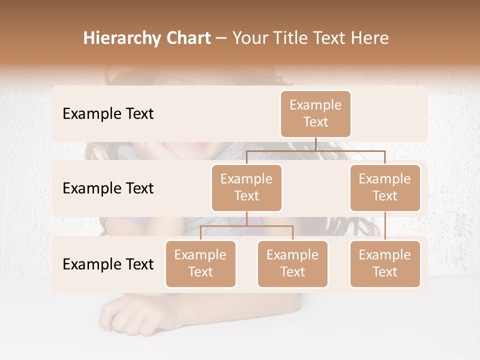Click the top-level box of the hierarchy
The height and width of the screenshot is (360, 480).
click(315, 113)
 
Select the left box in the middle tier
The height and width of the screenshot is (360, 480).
click(246, 187)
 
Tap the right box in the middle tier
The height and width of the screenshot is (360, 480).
click(385, 187)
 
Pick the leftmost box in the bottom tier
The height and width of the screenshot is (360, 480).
click(200, 263)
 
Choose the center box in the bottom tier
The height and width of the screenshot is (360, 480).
click(292, 263)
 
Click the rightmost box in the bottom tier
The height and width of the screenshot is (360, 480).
click(385, 263)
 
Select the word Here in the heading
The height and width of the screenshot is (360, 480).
click(369, 38)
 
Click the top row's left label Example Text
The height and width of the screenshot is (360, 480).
click(108, 113)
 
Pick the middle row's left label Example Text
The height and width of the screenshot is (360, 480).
click(108, 188)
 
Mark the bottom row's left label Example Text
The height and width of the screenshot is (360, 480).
click(108, 264)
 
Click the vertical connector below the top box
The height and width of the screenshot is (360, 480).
click(315, 144)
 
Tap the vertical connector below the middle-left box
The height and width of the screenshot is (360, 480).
click(246, 218)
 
